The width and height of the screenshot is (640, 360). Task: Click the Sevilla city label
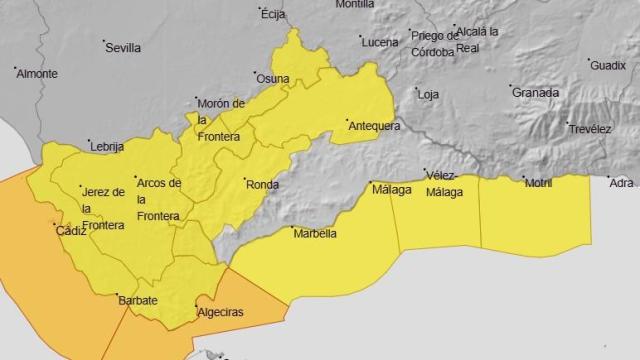coord(123,47)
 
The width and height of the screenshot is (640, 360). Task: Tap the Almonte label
coord(37,74)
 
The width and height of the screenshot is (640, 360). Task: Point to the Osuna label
coord(273,80)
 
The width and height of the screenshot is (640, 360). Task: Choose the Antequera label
coord(373,126)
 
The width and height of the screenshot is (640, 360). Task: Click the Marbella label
coord(313,235)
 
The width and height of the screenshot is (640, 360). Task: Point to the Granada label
coord(535,93)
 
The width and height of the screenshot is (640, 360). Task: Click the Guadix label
coord(608,65)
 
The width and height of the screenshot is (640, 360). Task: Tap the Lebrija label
coord(106,146)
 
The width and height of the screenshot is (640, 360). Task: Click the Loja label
coord(428,95)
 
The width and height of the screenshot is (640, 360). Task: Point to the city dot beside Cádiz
coord(55,224)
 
